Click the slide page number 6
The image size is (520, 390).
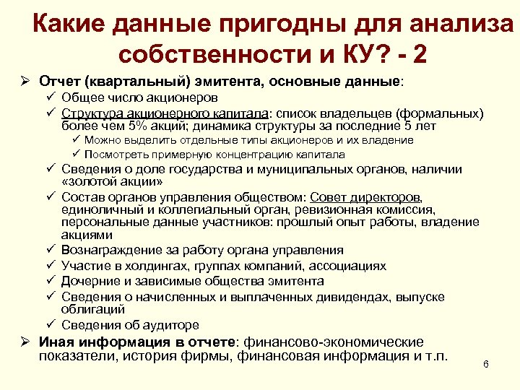point(486,364)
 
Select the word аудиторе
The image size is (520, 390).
point(171,325)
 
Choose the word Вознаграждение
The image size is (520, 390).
point(108,250)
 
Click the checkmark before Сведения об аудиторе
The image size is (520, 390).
point(51,325)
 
